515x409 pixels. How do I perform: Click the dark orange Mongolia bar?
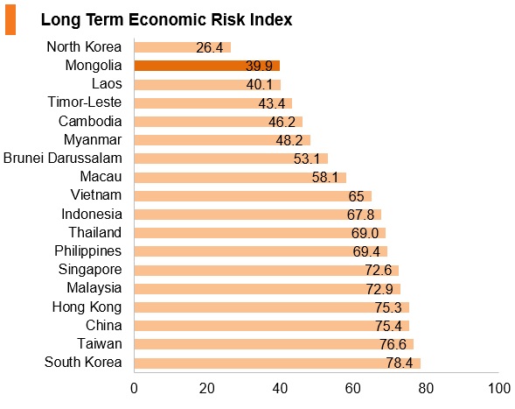[x=207, y=66]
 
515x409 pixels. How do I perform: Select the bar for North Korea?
[x=183, y=47]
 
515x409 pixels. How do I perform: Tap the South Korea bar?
[x=277, y=363]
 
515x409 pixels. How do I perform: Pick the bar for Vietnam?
[x=253, y=196]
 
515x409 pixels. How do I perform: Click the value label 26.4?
[x=210, y=47]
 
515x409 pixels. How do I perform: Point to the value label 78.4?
[x=400, y=363]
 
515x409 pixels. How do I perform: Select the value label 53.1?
[x=306, y=159]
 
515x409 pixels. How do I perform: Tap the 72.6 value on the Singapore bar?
[x=379, y=270]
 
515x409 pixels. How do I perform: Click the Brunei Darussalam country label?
[x=63, y=158]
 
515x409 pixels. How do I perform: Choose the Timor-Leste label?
[x=85, y=102]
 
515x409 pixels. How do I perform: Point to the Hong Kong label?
[x=87, y=307]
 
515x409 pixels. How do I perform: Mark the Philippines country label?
[x=88, y=251]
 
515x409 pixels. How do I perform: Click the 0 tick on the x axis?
[x=134, y=388]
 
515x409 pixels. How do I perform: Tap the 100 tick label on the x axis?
[x=499, y=388]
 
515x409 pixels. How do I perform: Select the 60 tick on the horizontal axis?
[x=353, y=388]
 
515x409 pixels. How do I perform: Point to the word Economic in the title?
[x=167, y=20]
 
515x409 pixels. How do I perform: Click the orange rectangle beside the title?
[x=10, y=19]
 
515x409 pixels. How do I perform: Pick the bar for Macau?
[x=240, y=178]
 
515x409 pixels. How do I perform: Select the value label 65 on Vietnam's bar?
[x=356, y=196]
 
